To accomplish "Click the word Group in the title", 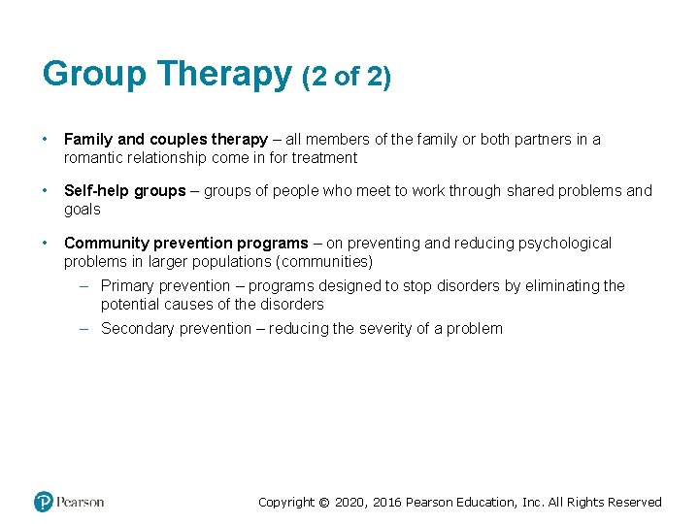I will pos(94,74).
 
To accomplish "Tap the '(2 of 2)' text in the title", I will pos(347,77).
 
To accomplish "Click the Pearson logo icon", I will pos(44,502).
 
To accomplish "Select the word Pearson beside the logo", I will pos(81,502).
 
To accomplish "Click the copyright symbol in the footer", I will pos(325,503).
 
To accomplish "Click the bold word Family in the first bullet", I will pos(88,140).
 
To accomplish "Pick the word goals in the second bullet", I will pos(83,209).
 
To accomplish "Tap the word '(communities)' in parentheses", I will pos(326,261).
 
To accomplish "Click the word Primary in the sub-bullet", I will pos(128,286).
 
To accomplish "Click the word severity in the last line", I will pos(388,329).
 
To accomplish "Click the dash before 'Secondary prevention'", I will pos(84,329).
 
